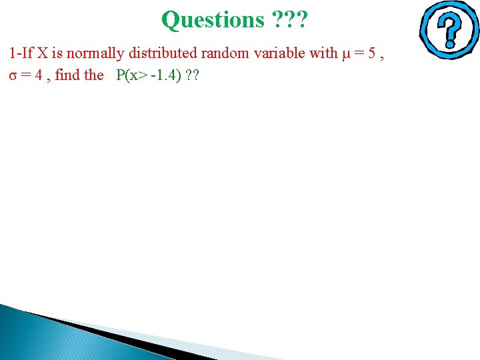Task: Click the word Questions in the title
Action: point(213,19)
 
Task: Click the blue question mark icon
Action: point(449,30)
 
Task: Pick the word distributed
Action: point(159,53)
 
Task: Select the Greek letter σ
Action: point(13,75)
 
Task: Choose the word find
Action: point(67,75)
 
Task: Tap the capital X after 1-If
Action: point(44,53)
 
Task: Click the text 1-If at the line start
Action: point(22,53)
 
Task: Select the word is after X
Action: point(59,53)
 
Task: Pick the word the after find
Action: point(94,75)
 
